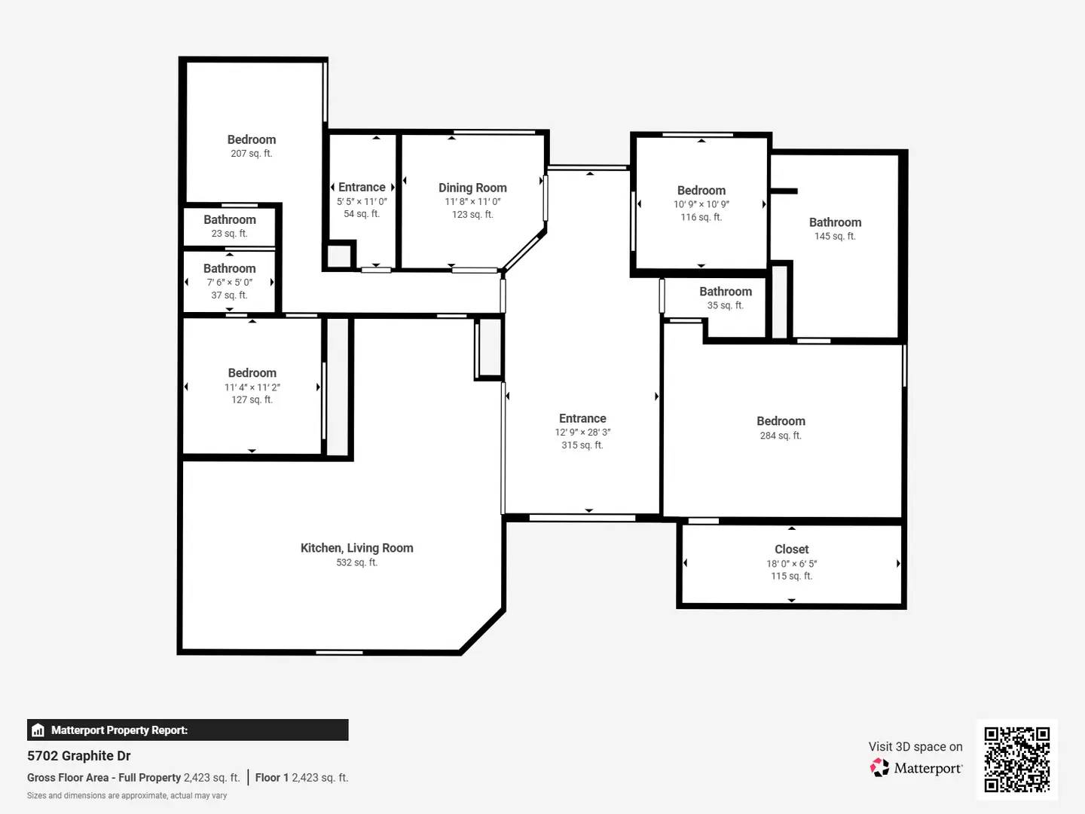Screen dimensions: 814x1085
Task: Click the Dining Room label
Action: pyautogui.click(x=472, y=188)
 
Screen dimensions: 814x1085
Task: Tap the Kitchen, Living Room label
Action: pyautogui.click(x=356, y=548)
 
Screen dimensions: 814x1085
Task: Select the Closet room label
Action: pyautogui.click(x=791, y=549)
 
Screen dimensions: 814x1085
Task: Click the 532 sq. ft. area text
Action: pyautogui.click(x=356, y=562)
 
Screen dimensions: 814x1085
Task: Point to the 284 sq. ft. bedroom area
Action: pyautogui.click(x=781, y=436)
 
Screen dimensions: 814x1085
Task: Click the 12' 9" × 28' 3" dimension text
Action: pyautogui.click(x=582, y=432)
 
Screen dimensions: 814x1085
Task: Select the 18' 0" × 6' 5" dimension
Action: pyautogui.click(x=791, y=563)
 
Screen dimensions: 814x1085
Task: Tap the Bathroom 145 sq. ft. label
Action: pyautogui.click(x=835, y=222)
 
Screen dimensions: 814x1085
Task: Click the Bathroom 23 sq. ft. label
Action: pyautogui.click(x=229, y=219)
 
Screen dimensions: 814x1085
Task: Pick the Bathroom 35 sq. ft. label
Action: pyautogui.click(x=725, y=292)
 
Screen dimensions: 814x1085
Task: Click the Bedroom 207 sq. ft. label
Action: pyautogui.click(x=252, y=139)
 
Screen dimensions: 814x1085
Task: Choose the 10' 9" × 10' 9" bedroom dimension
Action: pyautogui.click(x=701, y=204)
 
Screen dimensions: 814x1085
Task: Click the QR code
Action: pyautogui.click(x=1016, y=759)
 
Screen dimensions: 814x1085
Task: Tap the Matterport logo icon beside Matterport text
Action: pyautogui.click(x=879, y=768)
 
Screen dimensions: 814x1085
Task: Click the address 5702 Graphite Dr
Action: pyautogui.click(x=79, y=756)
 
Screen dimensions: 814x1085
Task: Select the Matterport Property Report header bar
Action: pyautogui.click(x=188, y=730)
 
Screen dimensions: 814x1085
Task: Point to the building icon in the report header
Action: pyautogui.click(x=38, y=730)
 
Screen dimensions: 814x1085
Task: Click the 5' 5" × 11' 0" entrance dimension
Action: pyautogui.click(x=362, y=201)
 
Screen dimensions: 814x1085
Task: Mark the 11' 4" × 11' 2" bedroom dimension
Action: pyautogui.click(x=252, y=387)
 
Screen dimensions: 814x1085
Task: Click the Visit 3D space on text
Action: pyautogui.click(x=915, y=746)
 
